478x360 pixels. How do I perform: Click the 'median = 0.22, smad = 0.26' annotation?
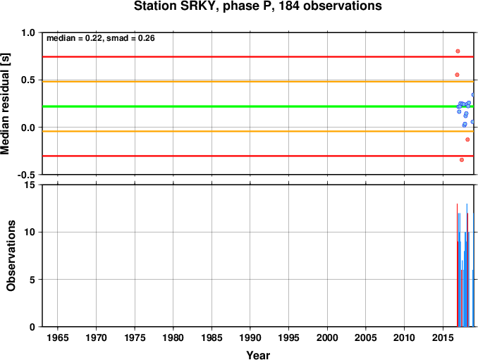coord(101,38)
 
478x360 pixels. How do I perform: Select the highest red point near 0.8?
coord(458,51)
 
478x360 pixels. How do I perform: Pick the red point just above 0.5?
coord(457,75)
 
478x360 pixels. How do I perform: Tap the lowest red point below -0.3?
coord(462,160)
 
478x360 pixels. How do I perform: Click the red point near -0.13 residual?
coord(467,139)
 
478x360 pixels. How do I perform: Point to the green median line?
coord(258,106)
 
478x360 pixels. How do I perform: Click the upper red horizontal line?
coord(258,56)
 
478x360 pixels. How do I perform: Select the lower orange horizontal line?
coord(258,131)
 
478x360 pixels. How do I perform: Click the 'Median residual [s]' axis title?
coord(5,104)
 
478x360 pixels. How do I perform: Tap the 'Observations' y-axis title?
coord(11,256)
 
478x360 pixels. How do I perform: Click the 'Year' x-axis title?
coord(258,355)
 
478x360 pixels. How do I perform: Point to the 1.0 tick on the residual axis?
coord(28,32)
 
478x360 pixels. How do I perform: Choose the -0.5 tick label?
coord(26,175)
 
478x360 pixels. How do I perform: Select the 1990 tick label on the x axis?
coord(250,337)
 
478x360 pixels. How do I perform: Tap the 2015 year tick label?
coord(443,337)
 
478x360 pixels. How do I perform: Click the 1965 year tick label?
coord(58,337)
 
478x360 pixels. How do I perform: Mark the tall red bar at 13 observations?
coord(458,265)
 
